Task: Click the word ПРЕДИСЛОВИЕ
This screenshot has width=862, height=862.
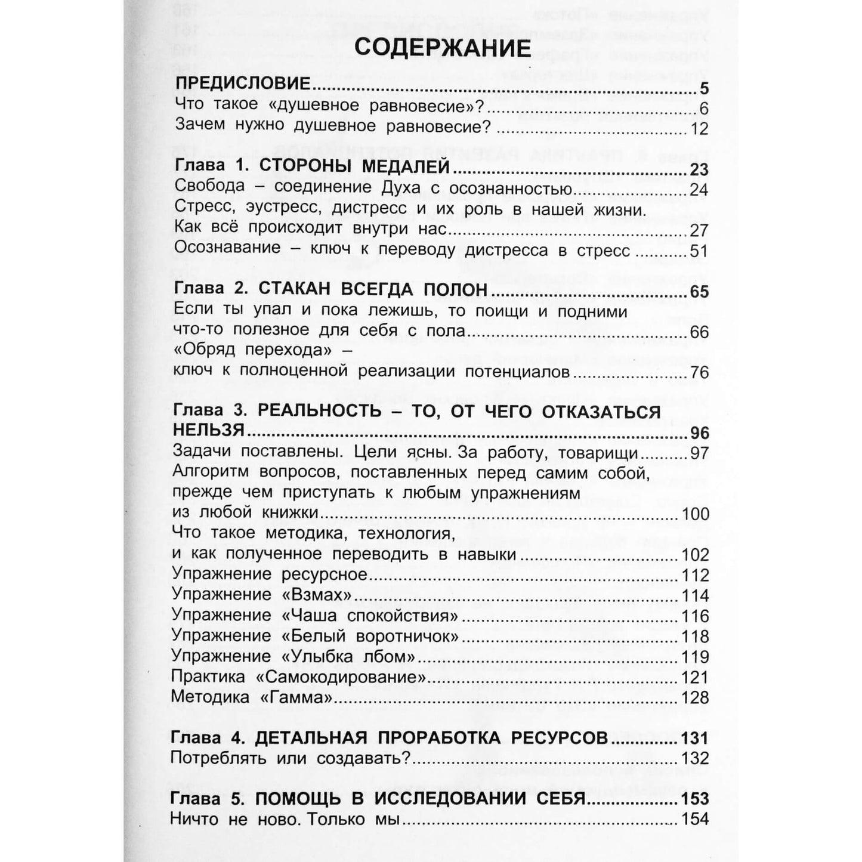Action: click(x=243, y=84)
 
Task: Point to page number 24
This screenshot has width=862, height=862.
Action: click(x=698, y=190)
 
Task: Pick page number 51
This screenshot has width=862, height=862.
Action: click(x=698, y=251)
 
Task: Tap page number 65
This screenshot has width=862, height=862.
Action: click(x=698, y=292)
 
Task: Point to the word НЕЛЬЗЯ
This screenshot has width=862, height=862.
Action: click(x=209, y=431)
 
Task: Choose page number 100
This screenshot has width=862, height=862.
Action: click(x=695, y=514)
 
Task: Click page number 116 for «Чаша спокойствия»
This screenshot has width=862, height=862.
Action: click(x=695, y=616)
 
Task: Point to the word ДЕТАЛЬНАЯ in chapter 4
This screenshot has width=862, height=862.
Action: click(x=310, y=738)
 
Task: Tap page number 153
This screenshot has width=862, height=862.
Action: click(x=695, y=799)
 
